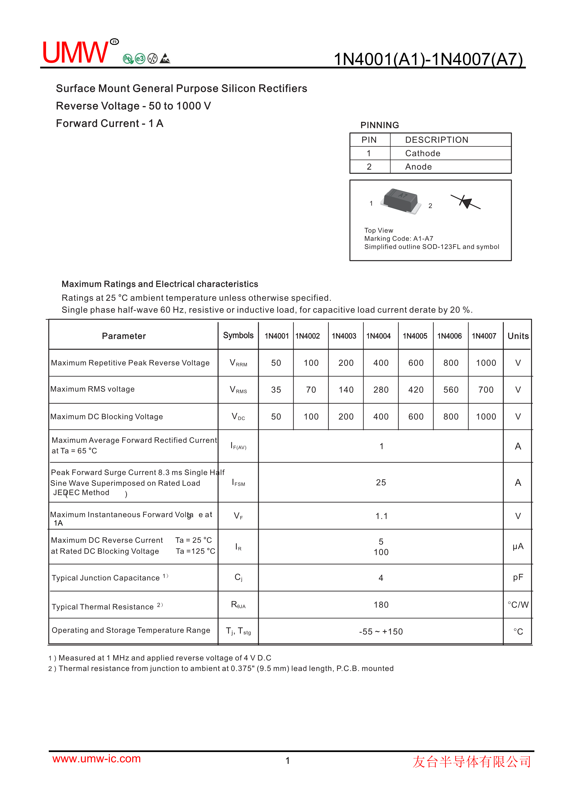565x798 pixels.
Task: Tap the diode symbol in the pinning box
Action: [465, 202]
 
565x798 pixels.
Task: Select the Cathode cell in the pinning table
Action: [422, 153]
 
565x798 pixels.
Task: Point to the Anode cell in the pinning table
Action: [418, 167]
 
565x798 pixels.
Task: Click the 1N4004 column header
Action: [378, 336]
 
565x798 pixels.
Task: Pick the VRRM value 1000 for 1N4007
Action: [486, 363]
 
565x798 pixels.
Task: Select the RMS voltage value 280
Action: [381, 390]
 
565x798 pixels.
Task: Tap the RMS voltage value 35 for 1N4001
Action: [276, 390]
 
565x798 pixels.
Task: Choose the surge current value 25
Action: [381, 482]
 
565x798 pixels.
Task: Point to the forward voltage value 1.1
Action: [381, 516]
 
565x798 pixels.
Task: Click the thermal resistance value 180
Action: [381, 605]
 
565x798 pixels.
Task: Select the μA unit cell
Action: [518, 546]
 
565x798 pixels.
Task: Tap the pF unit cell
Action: [518, 577]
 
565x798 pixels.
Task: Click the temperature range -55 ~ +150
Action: [381, 631]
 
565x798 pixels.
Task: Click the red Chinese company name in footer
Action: [472, 762]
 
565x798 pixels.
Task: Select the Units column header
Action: [518, 336]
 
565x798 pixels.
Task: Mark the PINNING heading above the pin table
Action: [380, 125]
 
